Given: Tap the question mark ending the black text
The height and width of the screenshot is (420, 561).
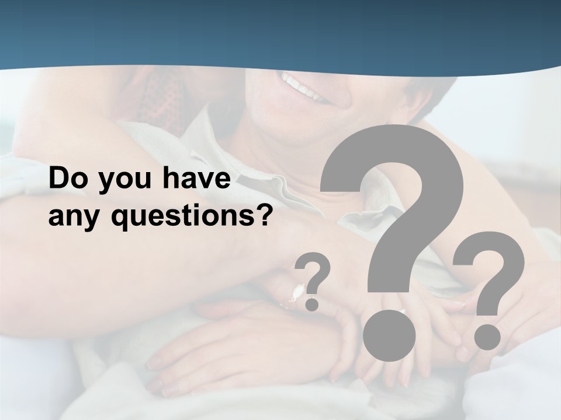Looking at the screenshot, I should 266,215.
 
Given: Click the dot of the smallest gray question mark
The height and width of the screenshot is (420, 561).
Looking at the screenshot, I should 312,303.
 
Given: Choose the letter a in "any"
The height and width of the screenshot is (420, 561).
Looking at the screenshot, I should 56,219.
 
